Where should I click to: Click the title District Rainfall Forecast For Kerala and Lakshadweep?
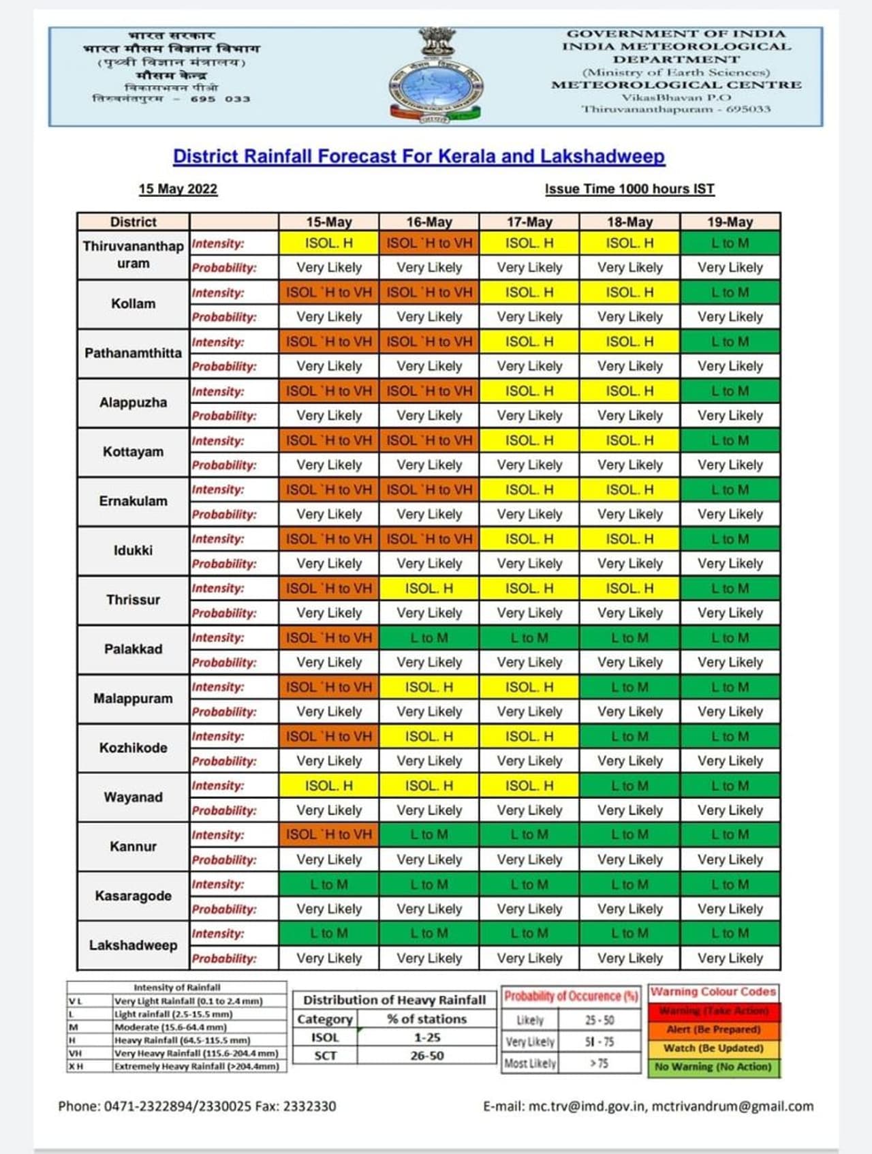point(418,156)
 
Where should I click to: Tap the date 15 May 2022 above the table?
point(178,189)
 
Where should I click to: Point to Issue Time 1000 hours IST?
point(629,189)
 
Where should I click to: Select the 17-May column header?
point(529,222)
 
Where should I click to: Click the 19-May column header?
point(730,222)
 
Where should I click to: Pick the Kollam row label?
point(133,304)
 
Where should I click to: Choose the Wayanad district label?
point(133,797)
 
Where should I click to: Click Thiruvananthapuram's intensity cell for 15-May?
point(328,243)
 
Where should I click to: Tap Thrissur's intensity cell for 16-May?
point(429,588)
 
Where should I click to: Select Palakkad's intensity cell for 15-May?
point(328,638)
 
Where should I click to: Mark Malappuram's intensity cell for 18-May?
point(629,687)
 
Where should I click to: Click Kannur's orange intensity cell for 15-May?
point(328,834)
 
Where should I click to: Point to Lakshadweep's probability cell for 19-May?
point(730,958)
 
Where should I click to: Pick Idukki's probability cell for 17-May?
point(529,564)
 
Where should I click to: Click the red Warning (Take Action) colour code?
point(713,1011)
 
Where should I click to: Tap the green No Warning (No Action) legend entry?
point(713,1067)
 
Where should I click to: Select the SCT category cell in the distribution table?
point(325,1056)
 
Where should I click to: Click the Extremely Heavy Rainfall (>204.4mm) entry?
point(197,1066)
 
